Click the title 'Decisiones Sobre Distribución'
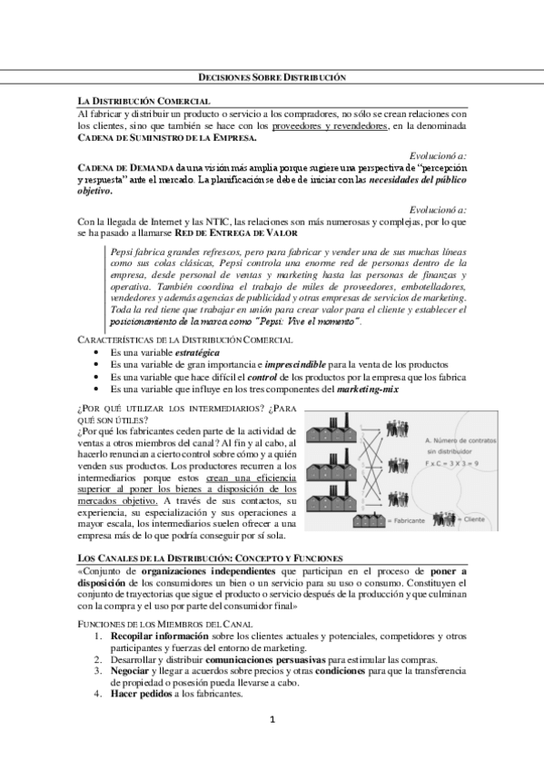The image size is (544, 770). [x=272, y=79]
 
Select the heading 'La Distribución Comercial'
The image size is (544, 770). [x=144, y=100]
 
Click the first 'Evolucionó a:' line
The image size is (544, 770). [x=438, y=156]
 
